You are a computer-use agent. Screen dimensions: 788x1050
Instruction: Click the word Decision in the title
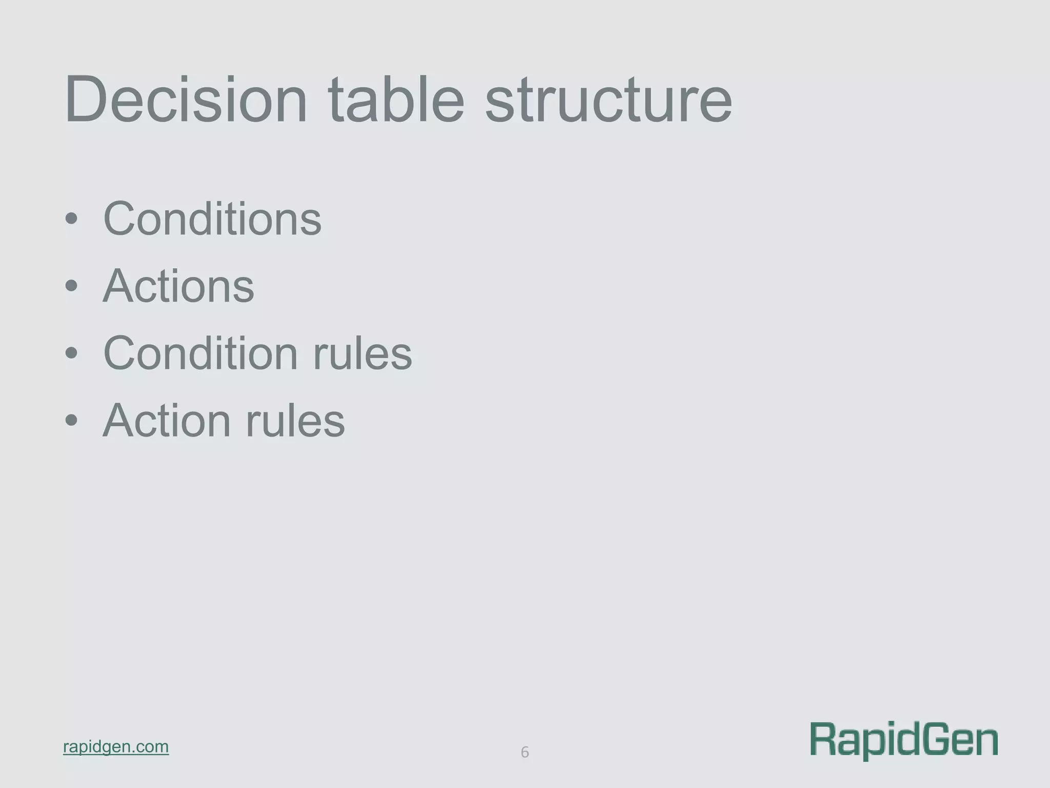click(186, 100)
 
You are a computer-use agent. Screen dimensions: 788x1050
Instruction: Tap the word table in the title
click(396, 100)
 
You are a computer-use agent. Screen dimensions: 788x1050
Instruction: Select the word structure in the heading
click(609, 100)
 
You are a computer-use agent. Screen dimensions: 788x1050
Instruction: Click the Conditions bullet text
click(212, 219)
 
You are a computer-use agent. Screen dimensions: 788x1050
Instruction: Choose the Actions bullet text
click(178, 286)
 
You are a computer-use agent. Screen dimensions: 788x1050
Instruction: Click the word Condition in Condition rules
click(200, 353)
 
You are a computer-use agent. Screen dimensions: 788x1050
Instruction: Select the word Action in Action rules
click(167, 421)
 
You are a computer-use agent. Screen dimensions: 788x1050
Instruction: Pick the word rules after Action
click(295, 421)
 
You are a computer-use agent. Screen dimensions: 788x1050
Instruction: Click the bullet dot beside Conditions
click(71, 220)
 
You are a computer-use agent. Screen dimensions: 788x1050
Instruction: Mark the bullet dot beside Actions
click(71, 287)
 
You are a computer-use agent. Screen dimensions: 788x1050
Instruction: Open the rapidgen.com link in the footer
click(116, 746)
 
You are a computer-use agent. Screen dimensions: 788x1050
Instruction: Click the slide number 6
click(524, 752)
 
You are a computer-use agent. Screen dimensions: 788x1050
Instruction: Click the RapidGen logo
click(904, 740)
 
